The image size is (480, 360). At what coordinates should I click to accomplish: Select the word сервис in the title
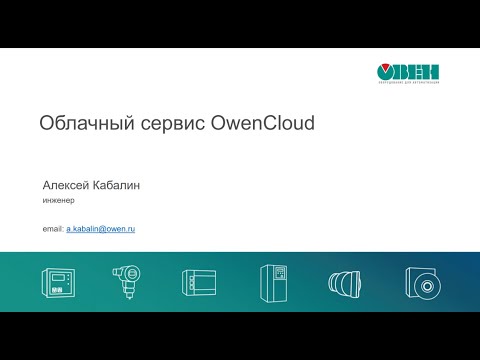[165, 124]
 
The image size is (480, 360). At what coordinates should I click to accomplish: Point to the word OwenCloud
[263, 124]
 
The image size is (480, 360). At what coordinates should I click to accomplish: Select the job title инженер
[60, 200]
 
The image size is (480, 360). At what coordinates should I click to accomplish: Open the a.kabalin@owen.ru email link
[101, 230]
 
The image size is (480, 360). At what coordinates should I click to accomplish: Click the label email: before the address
[53, 230]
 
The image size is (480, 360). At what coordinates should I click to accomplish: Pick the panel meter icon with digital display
[57, 282]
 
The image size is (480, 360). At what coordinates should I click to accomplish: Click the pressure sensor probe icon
[126, 282]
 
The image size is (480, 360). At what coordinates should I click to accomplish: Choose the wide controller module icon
[199, 282]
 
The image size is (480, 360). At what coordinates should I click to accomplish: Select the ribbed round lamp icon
[345, 282]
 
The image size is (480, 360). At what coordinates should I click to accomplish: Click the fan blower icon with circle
[421, 282]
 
